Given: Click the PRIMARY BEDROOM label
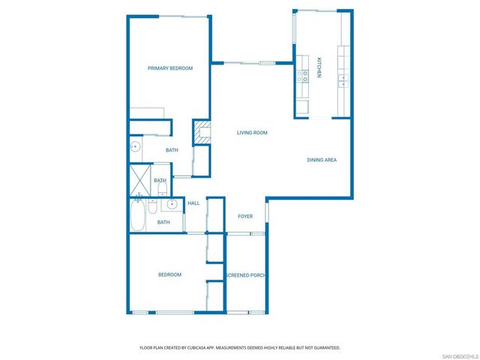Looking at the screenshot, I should click(169, 68).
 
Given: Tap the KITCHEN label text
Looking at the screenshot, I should click(318, 68).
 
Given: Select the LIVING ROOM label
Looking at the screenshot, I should click(252, 133).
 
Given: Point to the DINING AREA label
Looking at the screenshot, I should click(321, 160).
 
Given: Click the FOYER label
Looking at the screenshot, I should click(245, 217).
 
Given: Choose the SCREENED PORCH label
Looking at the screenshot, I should click(246, 275).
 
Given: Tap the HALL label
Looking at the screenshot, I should click(193, 203).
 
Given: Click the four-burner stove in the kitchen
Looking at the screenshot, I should click(303, 76).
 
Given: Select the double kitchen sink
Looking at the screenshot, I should click(343, 77).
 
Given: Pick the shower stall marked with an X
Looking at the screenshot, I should click(138, 181).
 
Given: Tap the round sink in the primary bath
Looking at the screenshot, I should click(136, 146).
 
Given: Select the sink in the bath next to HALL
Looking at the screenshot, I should click(172, 203).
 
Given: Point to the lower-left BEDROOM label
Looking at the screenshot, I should click(169, 274).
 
